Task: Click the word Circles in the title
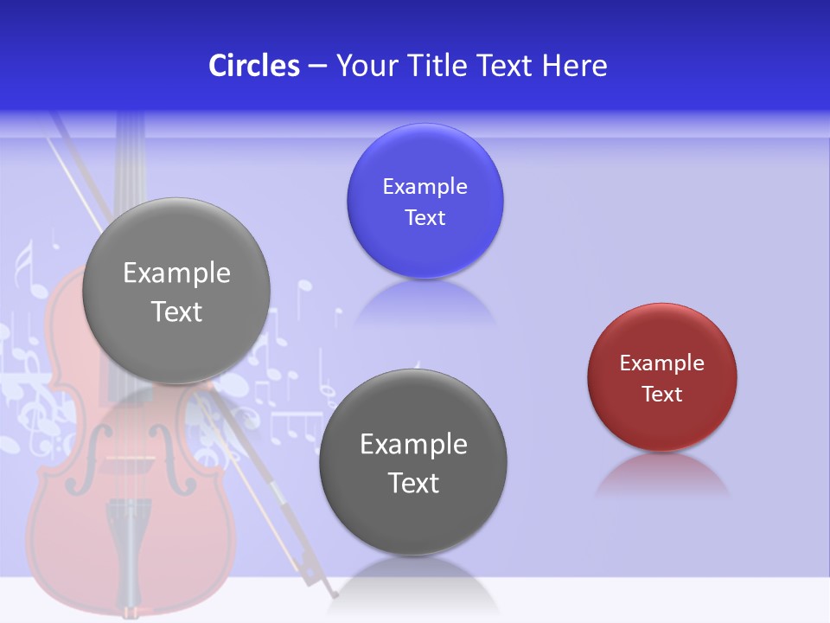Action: [253, 66]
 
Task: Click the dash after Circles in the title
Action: [317, 67]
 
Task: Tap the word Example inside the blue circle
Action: [425, 187]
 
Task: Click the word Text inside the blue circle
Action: [425, 218]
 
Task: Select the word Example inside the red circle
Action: [661, 363]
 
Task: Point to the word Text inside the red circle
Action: [661, 395]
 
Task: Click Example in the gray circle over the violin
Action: [176, 273]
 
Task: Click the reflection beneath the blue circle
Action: [425, 303]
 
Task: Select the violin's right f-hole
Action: [183, 472]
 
